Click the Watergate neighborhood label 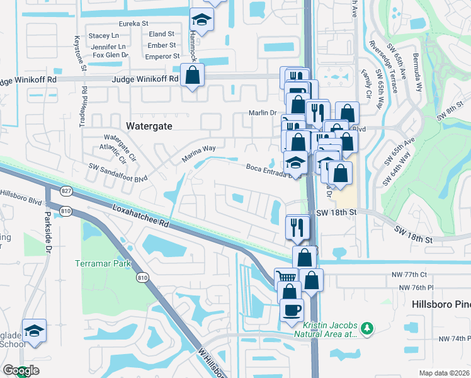tap(149, 125)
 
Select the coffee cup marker tap(292, 310)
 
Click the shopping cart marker tap(287, 277)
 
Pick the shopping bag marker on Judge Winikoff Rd tap(193, 76)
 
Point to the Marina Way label tap(200, 149)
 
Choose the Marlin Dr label tap(261, 113)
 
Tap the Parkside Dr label tap(47, 231)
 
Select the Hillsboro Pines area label tap(441, 304)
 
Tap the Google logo tap(21, 370)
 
